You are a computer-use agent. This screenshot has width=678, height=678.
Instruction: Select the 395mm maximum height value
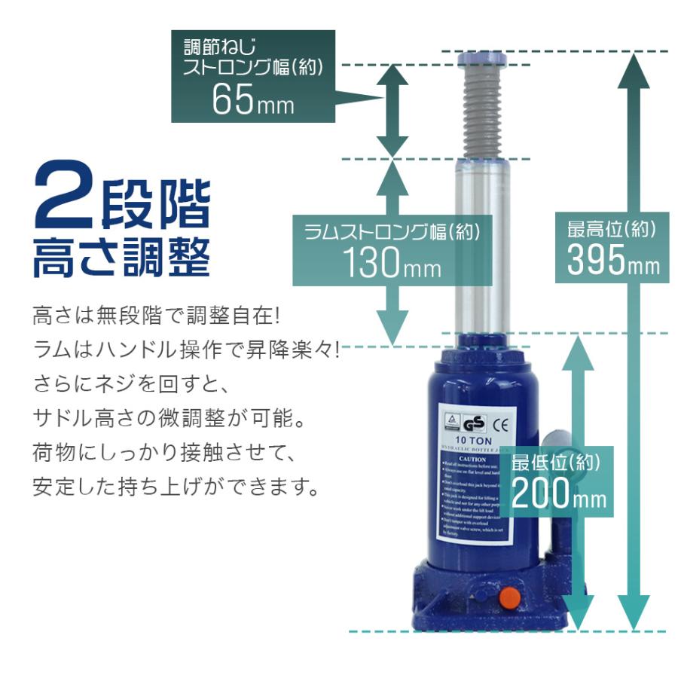click(612, 261)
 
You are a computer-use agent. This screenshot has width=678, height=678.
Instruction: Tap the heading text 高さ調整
click(121, 257)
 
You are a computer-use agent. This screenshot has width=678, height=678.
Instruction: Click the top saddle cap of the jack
click(481, 59)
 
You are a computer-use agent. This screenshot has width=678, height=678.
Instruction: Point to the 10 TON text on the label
click(473, 441)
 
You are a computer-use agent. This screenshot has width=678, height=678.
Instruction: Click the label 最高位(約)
click(612, 228)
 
